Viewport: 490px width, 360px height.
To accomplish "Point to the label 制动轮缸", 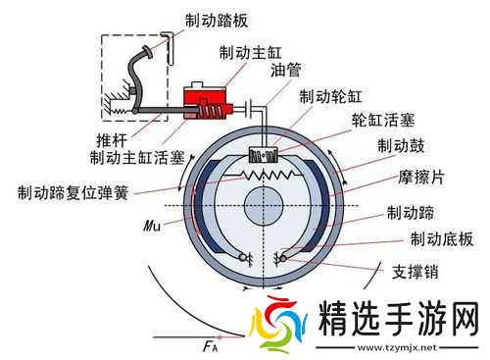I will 329,96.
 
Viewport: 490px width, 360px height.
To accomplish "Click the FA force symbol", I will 209,344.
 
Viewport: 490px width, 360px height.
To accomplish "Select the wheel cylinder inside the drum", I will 265,154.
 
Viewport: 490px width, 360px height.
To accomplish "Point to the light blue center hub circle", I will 265,207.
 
